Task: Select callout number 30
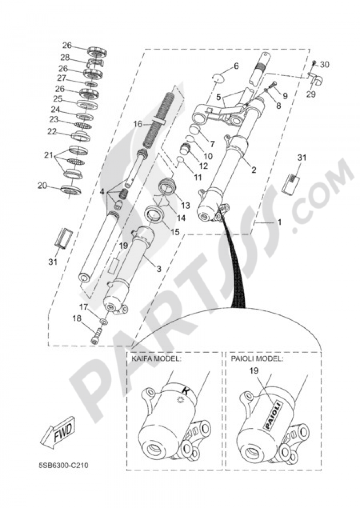click(x=324, y=65)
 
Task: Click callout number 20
click(x=42, y=186)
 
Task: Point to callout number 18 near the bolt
click(x=77, y=318)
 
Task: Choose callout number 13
click(x=186, y=206)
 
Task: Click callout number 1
click(x=279, y=222)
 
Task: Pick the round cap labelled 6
click(x=218, y=79)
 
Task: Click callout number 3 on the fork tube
click(x=159, y=269)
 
